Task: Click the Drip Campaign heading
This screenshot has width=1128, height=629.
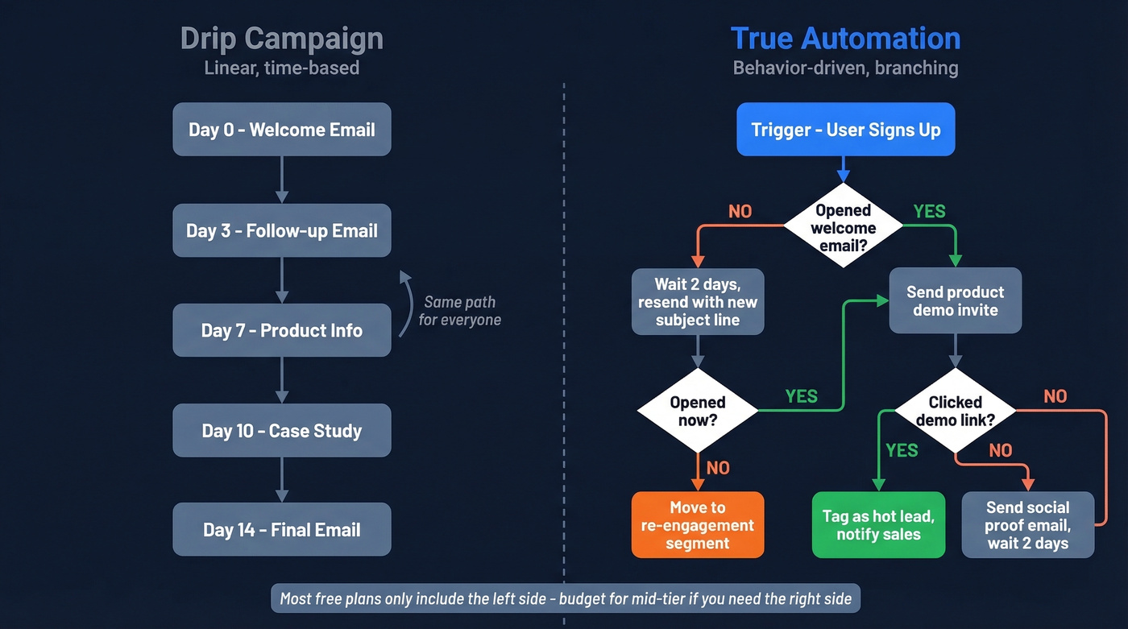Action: (x=281, y=38)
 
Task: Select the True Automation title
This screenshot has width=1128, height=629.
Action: (x=845, y=38)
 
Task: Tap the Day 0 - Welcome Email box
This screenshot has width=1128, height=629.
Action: (x=281, y=130)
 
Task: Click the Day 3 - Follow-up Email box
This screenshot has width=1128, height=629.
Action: (x=281, y=230)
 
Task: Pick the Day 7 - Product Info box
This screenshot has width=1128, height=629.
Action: (x=281, y=330)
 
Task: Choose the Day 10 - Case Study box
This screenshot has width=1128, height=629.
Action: (x=281, y=431)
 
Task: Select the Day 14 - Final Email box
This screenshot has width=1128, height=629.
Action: (x=281, y=530)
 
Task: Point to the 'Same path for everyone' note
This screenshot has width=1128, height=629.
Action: (x=459, y=311)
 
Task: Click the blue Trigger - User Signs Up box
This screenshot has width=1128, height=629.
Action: (x=845, y=130)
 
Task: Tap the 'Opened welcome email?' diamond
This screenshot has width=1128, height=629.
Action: (x=843, y=227)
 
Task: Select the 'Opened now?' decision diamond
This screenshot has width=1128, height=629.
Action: (x=698, y=411)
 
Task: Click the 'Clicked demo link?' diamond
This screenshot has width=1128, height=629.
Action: (x=955, y=411)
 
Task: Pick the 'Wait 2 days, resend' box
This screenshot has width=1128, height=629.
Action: (x=698, y=302)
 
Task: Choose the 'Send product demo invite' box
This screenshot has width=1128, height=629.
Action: (x=955, y=301)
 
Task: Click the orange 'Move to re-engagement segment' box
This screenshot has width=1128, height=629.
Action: (x=698, y=525)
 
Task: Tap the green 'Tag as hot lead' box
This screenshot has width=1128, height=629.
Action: (x=878, y=525)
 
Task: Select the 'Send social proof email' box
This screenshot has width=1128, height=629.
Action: (x=1027, y=525)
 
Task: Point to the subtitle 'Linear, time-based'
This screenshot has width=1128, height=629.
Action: (x=281, y=68)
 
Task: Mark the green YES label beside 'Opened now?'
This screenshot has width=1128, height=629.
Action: (x=801, y=396)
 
